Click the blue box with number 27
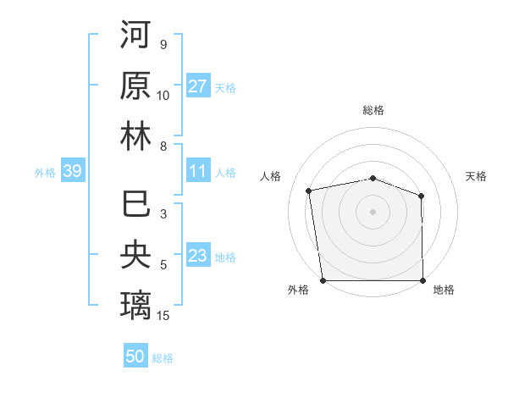click(x=198, y=86)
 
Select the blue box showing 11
click(x=198, y=171)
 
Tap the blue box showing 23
click(x=198, y=256)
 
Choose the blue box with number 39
click(x=72, y=171)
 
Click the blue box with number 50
click(x=135, y=357)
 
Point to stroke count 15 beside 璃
click(x=164, y=316)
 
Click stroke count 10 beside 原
click(x=163, y=96)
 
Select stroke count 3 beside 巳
click(x=163, y=214)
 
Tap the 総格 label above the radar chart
click(x=373, y=110)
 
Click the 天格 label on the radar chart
click(x=476, y=176)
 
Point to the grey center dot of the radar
click(x=373, y=211)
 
